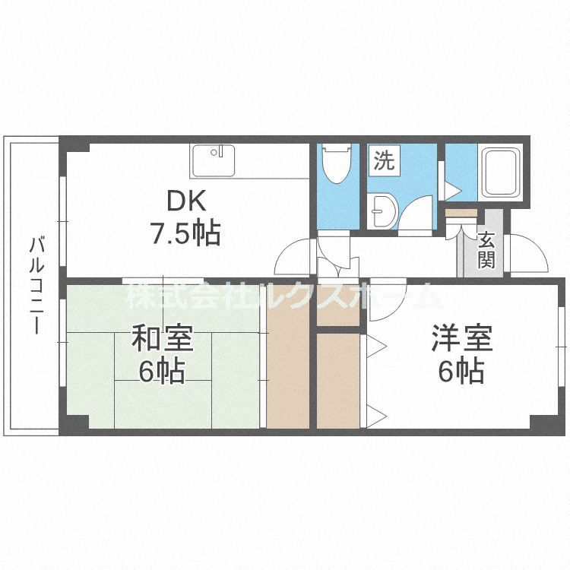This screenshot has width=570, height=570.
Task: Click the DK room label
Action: coord(185,201)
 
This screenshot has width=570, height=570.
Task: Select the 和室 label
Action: coord(162,339)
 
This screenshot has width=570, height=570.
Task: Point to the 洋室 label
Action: coord(462,339)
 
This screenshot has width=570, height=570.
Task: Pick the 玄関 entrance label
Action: coord(486,250)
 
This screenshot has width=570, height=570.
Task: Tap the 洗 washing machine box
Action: coord(385,161)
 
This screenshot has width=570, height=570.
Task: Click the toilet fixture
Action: coord(334,164)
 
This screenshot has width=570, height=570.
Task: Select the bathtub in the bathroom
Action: coord(499,173)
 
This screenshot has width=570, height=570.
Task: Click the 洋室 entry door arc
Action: coord(389,297)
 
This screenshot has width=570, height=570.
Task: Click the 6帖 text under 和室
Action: coord(162,372)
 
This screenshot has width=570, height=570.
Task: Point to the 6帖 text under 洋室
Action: coord(462,372)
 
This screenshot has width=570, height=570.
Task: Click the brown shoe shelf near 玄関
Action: coord(461,214)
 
